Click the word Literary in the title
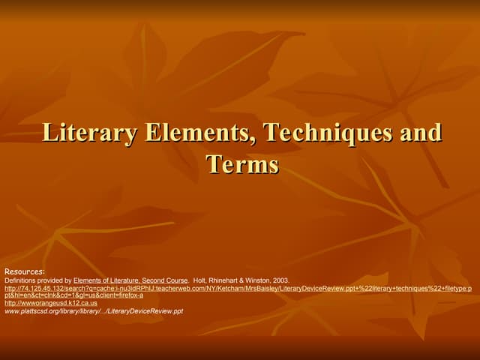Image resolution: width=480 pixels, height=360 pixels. (89, 133)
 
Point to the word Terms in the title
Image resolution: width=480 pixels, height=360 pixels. (242, 163)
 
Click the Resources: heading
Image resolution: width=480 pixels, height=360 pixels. (25, 271)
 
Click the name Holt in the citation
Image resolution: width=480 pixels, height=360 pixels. (201, 280)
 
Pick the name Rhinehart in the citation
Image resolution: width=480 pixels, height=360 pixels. (228, 280)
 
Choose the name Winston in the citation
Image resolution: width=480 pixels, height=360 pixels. (264, 280)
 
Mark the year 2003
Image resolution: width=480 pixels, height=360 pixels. (282, 280)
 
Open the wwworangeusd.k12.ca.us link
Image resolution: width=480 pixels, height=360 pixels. (51, 303)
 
